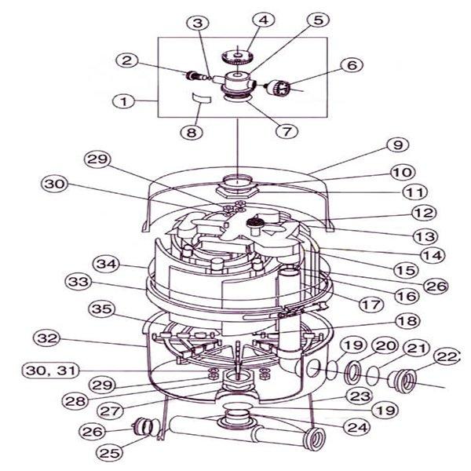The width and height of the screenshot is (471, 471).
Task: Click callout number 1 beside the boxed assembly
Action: click(124, 101)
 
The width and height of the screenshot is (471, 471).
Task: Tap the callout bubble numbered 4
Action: click(264, 20)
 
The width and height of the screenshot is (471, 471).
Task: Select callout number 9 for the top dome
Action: click(398, 144)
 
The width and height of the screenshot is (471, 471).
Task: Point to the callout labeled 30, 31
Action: click(51, 371)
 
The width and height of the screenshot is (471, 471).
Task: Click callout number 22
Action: click(446, 357)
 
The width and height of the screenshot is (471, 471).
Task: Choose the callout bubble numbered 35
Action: click(102, 309)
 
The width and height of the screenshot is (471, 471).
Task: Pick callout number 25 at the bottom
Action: click(110, 452)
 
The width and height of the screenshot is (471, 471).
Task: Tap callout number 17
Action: click(371, 305)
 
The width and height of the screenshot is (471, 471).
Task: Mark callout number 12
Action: click(424, 213)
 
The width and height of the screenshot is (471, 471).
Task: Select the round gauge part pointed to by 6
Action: click(278, 87)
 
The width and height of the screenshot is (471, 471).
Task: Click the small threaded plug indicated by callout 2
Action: click(195, 75)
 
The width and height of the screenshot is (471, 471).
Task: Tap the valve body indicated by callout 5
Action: click(238, 82)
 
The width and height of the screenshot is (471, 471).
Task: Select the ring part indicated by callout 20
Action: click(352, 373)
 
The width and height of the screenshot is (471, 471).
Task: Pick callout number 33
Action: click(78, 282)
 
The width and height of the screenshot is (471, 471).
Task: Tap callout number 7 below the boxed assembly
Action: click(287, 131)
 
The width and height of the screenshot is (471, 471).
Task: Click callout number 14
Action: click(433, 256)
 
